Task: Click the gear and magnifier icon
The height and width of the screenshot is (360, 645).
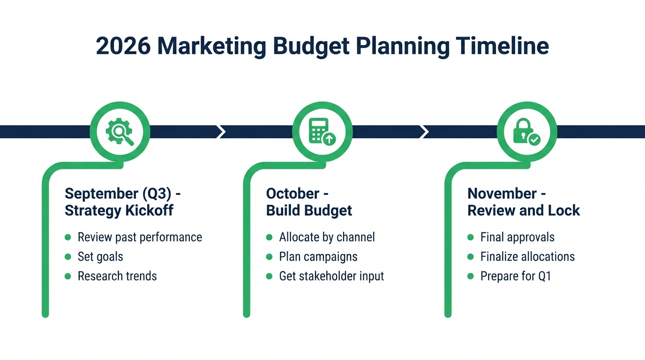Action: coord(120,132)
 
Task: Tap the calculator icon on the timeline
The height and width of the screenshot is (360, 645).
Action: coord(322,132)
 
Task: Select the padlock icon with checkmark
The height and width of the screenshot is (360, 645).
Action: coord(526,132)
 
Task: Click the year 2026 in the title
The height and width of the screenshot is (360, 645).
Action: coord(123,47)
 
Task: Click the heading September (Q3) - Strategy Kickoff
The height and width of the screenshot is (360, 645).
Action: coord(119,202)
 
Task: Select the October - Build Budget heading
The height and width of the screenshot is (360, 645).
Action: coord(309,202)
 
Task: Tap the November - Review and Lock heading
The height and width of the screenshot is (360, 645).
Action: coord(524,202)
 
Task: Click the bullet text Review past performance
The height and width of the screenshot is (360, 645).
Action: coord(140,237)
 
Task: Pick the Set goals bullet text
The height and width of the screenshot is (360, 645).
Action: coord(100,257)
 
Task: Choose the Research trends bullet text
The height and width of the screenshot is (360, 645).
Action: coord(117,276)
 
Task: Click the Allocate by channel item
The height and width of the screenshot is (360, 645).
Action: coord(327,237)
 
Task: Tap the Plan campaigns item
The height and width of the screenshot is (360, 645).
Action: coord(318,257)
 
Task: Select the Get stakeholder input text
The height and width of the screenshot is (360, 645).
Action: coord(331,276)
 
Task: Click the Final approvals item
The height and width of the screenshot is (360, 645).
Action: coord(517,237)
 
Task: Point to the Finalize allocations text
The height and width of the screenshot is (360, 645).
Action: coord(527,257)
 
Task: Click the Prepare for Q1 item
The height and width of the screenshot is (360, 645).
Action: coord(516,276)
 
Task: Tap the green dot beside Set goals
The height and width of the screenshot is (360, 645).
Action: coord(68,257)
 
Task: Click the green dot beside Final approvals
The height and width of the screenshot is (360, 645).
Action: coord(471,237)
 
